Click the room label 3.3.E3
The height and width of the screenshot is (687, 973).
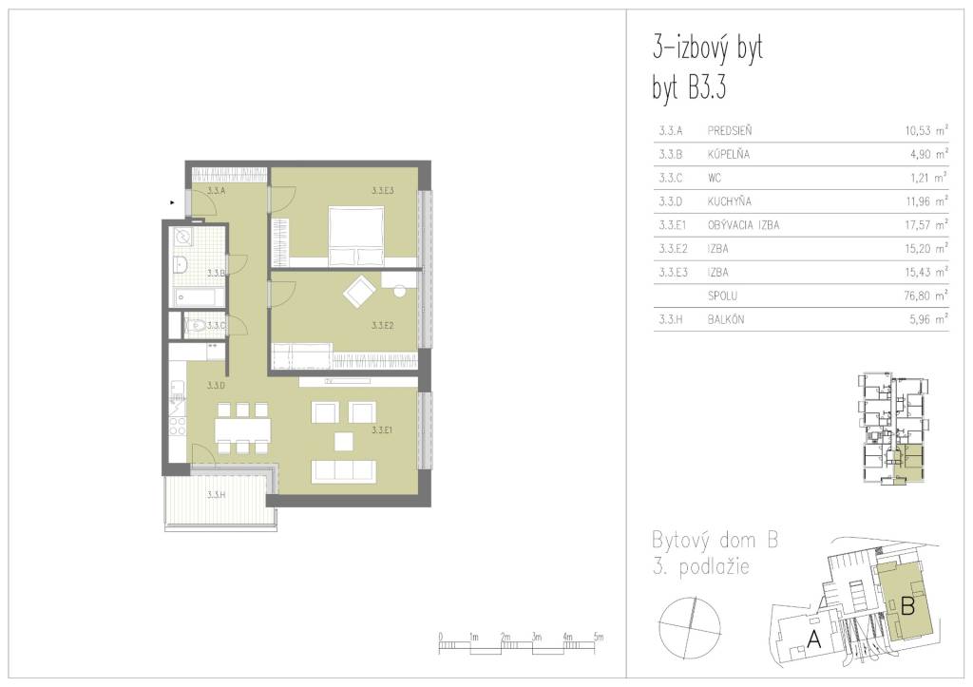(x=383, y=191)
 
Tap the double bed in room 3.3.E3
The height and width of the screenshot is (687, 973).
(x=355, y=236)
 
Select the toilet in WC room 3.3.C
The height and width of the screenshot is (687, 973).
(x=198, y=325)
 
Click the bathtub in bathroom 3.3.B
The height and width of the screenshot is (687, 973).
(x=198, y=297)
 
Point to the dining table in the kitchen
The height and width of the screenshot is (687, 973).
(x=243, y=429)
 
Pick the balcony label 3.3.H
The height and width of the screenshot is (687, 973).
(x=216, y=495)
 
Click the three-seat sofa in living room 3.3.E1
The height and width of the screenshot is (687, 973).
(x=344, y=469)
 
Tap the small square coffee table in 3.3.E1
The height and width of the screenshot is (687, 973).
(x=343, y=441)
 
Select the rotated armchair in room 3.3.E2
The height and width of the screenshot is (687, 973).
(x=360, y=292)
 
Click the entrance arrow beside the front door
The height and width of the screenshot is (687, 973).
(x=173, y=202)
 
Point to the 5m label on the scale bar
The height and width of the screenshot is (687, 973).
(x=599, y=637)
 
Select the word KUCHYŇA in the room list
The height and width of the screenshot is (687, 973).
(x=729, y=201)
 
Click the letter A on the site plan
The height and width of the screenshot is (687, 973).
(x=813, y=638)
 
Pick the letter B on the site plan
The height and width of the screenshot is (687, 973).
(x=907, y=605)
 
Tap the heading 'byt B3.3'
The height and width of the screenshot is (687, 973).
(x=689, y=87)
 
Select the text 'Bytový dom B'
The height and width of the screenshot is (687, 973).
(x=715, y=540)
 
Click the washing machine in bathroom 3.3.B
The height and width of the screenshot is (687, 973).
(x=183, y=236)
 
